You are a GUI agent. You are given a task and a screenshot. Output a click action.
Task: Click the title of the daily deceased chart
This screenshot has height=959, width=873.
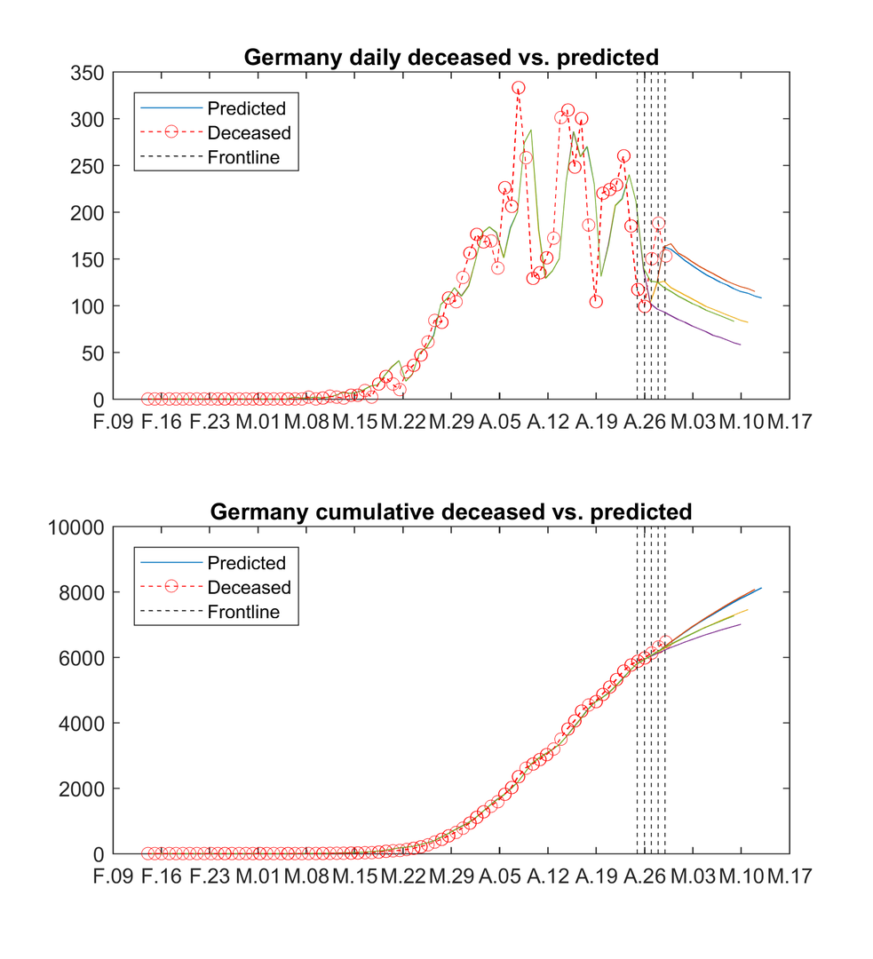point(451,58)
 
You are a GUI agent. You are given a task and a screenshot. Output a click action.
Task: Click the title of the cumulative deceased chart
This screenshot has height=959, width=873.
point(451,512)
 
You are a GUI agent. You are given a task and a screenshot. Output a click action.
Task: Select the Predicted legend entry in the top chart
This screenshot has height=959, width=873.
point(246,108)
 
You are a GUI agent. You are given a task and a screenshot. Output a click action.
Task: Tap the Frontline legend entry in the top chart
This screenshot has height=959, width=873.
point(242,158)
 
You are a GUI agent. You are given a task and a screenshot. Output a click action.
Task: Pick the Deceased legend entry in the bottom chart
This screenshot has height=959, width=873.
point(249,588)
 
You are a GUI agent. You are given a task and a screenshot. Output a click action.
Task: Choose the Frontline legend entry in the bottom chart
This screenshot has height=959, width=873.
point(242,612)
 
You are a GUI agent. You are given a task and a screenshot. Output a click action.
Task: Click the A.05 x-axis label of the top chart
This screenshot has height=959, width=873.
point(499,423)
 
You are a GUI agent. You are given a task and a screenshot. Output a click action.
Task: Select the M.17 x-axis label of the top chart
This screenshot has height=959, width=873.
point(789,423)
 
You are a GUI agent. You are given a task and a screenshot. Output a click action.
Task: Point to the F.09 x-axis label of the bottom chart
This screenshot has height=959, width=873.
point(114,877)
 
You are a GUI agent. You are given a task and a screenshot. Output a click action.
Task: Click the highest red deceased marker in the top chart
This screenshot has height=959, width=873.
point(518,88)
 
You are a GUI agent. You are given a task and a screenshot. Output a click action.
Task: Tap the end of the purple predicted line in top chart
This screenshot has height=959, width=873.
point(740,345)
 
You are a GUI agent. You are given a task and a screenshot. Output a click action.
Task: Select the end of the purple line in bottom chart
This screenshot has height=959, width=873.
point(740,624)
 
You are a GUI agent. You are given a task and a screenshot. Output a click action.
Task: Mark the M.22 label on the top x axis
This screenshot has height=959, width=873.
point(403,423)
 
